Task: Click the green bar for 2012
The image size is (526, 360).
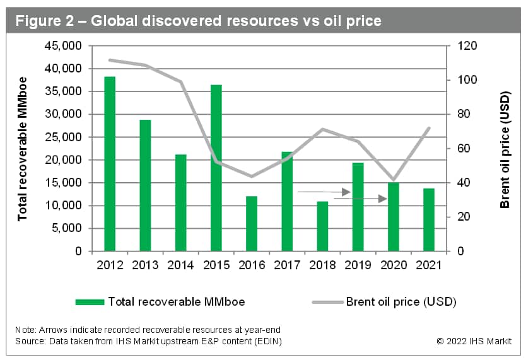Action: tap(110, 164)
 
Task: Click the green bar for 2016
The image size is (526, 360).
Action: tap(251, 223)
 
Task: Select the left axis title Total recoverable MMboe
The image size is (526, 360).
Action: tap(23, 149)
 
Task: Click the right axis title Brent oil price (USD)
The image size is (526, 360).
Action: tap(505, 149)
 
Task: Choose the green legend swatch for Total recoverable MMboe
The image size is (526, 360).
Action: tap(90, 302)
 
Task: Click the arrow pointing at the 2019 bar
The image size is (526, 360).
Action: tap(324, 191)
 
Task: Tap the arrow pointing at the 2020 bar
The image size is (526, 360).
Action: tap(360, 199)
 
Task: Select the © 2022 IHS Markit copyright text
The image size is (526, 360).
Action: tap(474, 341)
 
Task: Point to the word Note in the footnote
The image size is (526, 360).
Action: tap(26, 330)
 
